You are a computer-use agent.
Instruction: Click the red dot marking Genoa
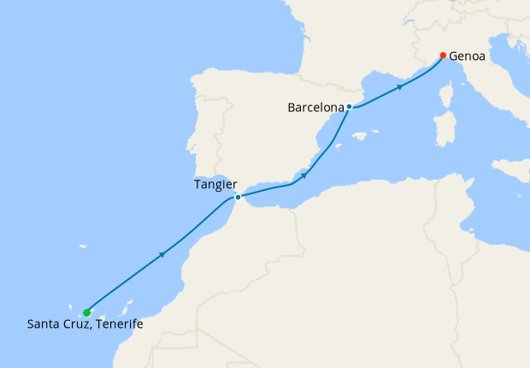pyautogui.click(x=442, y=56)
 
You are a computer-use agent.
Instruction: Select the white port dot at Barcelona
pyautogui.click(x=350, y=107)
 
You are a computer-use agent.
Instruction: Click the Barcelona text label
pyautogui.click(x=315, y=108)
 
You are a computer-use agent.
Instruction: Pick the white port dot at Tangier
pyautogui.click(x=238, y=198)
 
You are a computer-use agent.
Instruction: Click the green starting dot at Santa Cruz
pyautogui.click(x=87, y=312)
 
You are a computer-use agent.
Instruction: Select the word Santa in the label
pyautogui.click(x=43, y=324)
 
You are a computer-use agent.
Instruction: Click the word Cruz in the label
pyautogui.click(x=74, y=324)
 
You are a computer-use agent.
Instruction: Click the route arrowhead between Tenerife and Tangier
pyautogui.click(x=162, y=254)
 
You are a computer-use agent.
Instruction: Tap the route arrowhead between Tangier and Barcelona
pyautogui.click(x=303, y=175)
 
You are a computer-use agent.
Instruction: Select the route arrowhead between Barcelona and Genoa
pyautogui.click(x=400, y=87)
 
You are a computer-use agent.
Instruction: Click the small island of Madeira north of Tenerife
pyautogui.click(x=83, y=247)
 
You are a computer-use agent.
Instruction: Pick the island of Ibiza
pyautogui.click(x=339, y=146)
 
